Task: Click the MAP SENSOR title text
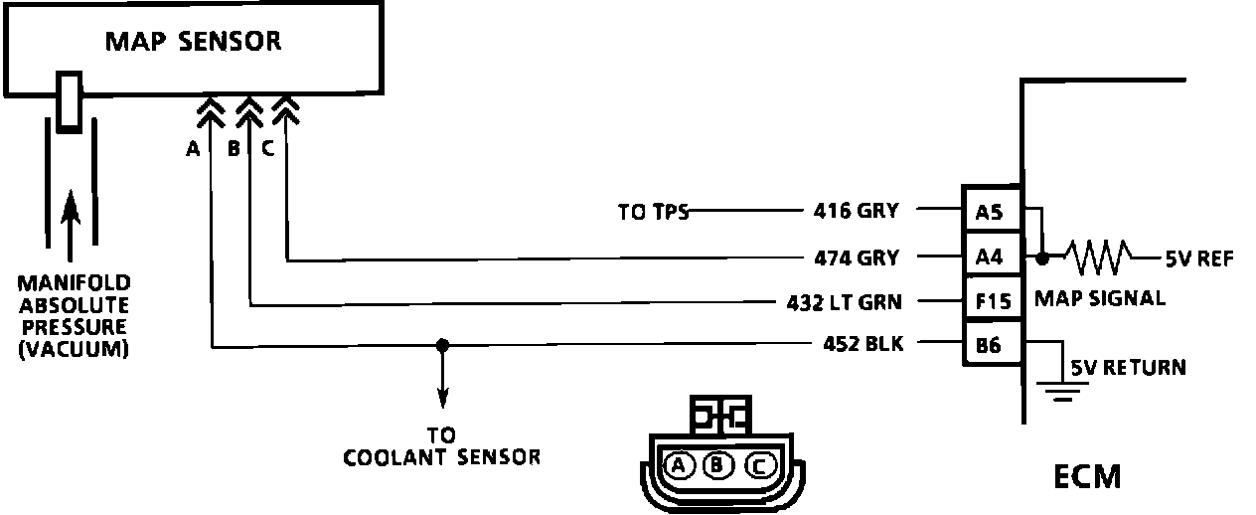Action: (194, 42)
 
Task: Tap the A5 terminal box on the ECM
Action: (989, 211)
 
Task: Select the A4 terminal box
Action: (989, 257)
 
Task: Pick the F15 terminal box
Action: (989, 301)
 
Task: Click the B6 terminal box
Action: (989, 346)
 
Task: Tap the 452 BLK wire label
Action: (863, 346)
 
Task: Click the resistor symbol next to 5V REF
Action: (1099, 257)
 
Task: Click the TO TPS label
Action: (653, 211)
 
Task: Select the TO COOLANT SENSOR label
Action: (442, 447)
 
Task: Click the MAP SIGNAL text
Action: (1099, 297)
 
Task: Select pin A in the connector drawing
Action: (678, 464)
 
